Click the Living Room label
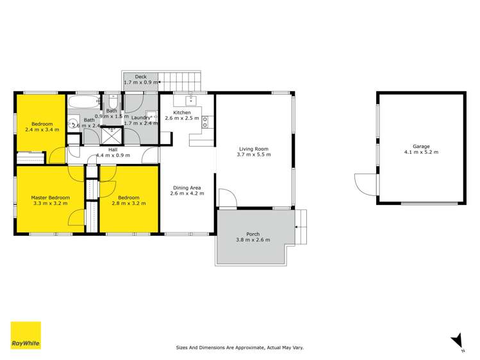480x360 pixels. click(x=252, y=149)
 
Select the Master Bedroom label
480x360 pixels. click(x=51, y=197)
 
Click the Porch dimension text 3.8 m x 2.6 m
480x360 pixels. click(x=252, y=240)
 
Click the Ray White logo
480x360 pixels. click(x=26, y=336)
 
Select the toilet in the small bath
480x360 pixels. click(x=112, y=102)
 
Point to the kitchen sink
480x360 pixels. click(x=191, y=100)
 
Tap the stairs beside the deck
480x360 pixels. click(x=181, y=81)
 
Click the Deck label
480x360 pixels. click(x=140, y=77)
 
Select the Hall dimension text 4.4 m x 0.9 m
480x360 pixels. click(x=113, y=155)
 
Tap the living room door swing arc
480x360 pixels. click(x=227, y=197)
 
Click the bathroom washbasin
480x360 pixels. click(x=72, y=123)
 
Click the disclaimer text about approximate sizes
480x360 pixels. click(x=240, y=348)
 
